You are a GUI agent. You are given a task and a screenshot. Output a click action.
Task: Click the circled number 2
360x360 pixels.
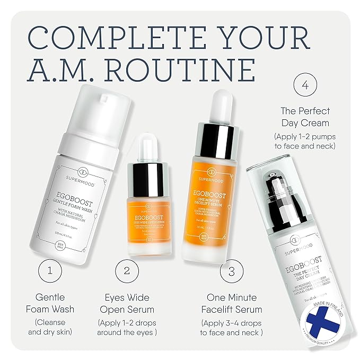pos(127,270)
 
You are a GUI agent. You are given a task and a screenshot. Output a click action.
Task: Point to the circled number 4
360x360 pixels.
pos(305,86)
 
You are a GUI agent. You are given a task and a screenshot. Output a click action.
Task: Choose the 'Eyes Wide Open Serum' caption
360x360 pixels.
pos(127,304)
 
